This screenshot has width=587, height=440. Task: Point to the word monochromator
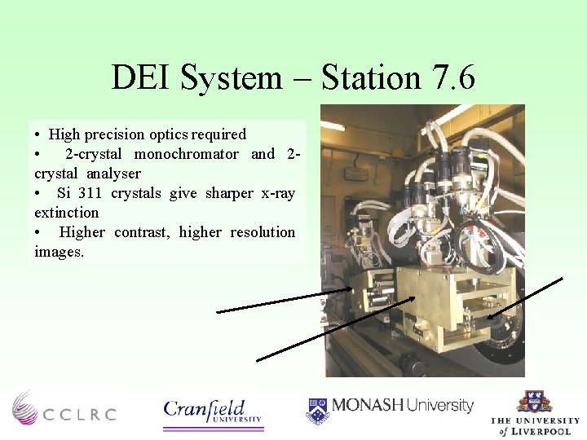186,154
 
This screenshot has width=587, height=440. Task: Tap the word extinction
66,213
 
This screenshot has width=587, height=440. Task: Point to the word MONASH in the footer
367,405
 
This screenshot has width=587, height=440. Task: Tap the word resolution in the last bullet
263,232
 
